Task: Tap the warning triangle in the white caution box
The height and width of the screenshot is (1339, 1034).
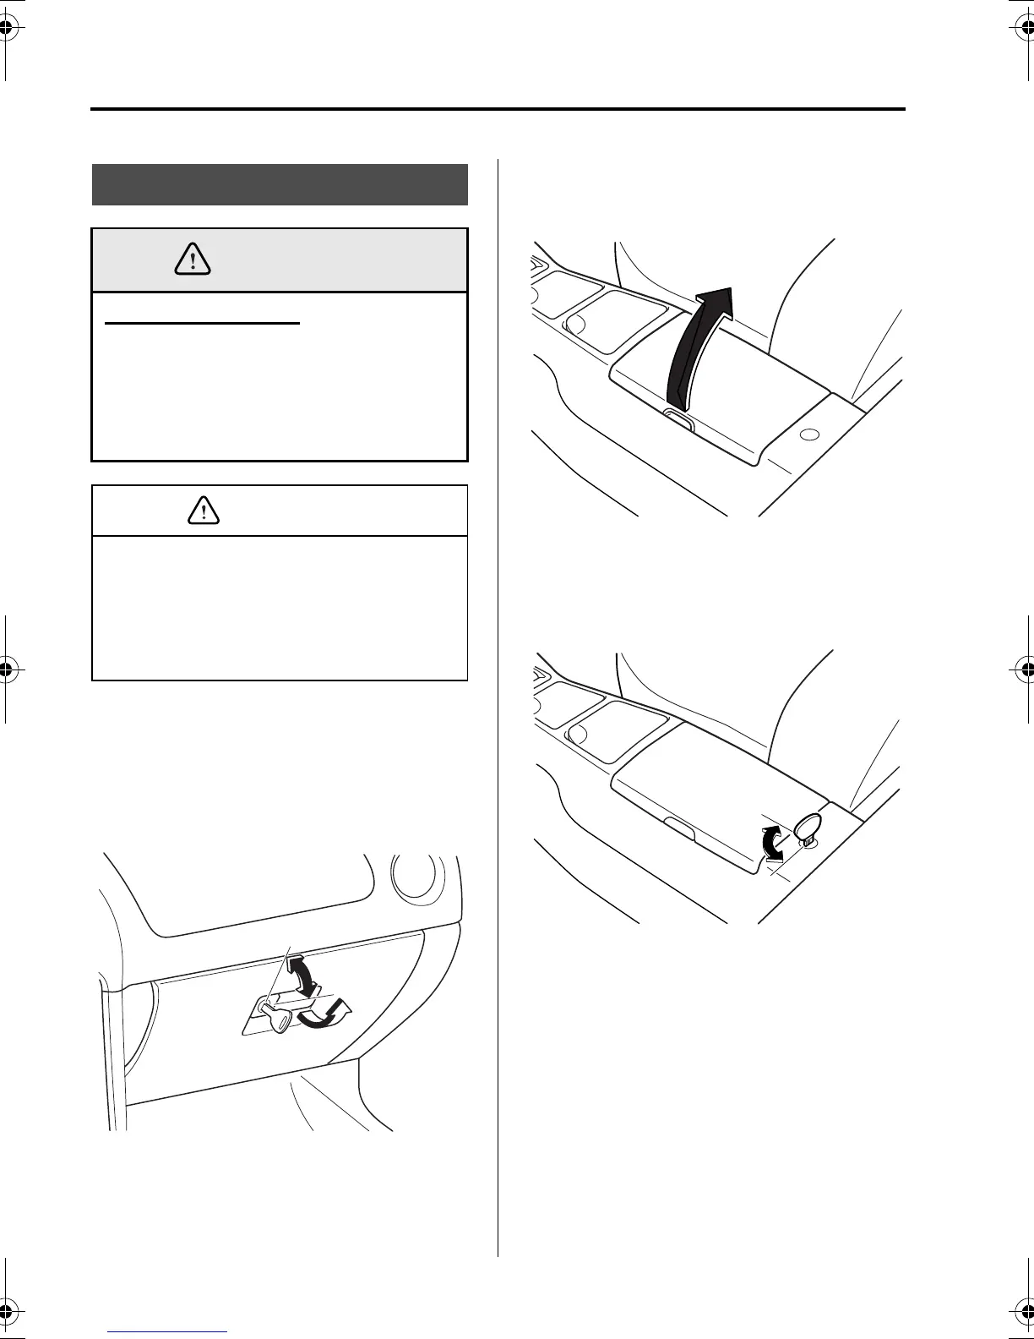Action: pos(204,509)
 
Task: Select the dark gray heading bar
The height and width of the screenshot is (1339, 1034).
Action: pos(280,184)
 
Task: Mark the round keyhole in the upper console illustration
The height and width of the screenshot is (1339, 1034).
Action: pos(808,434)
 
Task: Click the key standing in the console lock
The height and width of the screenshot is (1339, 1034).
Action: pos(808,828)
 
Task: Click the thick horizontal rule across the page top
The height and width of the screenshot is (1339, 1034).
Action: pos(498,109)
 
